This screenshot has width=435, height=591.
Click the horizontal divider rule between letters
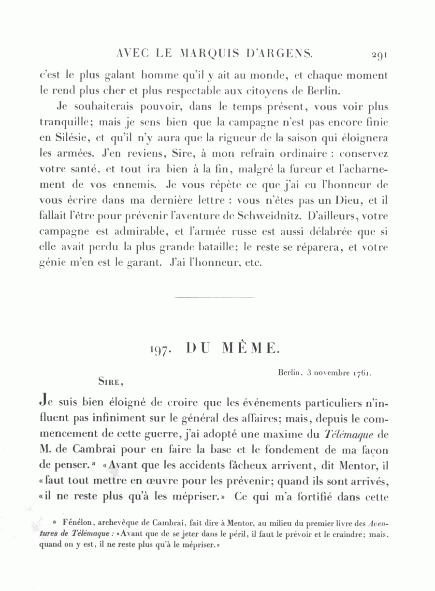point(214,297)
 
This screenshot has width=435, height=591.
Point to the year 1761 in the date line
point(362,373)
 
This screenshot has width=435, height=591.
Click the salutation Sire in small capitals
point(109,381)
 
